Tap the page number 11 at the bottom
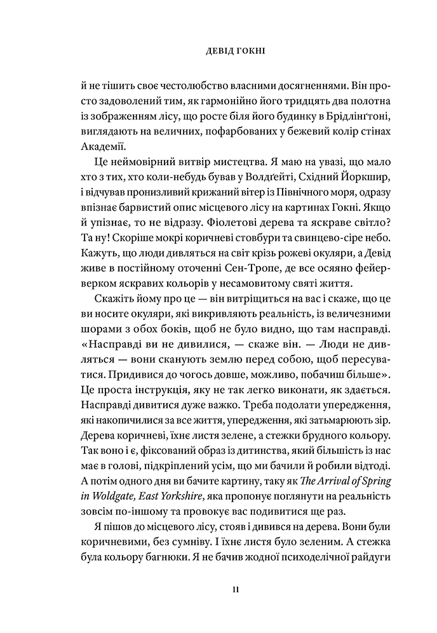click(218, 590)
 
